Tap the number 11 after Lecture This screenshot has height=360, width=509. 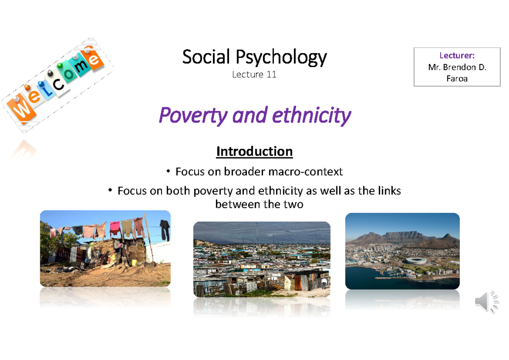pyautogui.click(x=271, y=75)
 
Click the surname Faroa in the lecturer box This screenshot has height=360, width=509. pyautogui.click(x=457, y=78)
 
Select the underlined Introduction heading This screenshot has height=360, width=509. pyautogui.click(x=254, y=151)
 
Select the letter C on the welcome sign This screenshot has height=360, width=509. pyautogui.click(x=59, y=84)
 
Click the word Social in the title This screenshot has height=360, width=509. pyautogui.click(x=206, y=57)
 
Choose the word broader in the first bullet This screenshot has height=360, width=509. pyautogui.click(x=243, y=172)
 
